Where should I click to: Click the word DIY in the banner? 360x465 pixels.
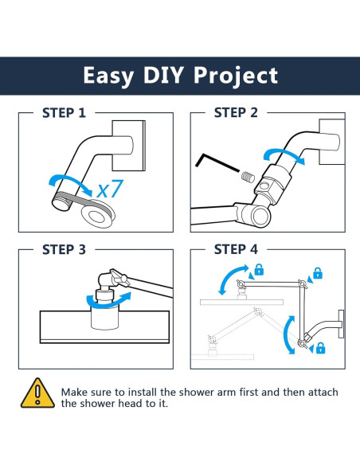162,76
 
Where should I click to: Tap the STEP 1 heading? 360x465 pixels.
64,113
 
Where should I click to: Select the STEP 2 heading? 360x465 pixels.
236,113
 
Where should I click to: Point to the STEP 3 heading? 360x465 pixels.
64,249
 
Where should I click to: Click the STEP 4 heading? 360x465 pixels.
236,249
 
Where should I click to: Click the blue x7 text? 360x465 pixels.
110,189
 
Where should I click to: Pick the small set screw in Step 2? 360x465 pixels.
248,177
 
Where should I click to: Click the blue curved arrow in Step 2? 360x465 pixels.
284,155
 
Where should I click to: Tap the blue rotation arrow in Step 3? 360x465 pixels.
108,300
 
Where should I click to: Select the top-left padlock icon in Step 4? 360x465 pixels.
259,270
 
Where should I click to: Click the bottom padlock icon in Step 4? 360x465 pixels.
320,348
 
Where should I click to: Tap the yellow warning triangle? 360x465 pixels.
37,393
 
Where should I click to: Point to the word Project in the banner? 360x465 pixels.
236,76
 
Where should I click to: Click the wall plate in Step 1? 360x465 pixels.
129,146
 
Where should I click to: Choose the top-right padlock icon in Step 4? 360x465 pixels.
318,273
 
